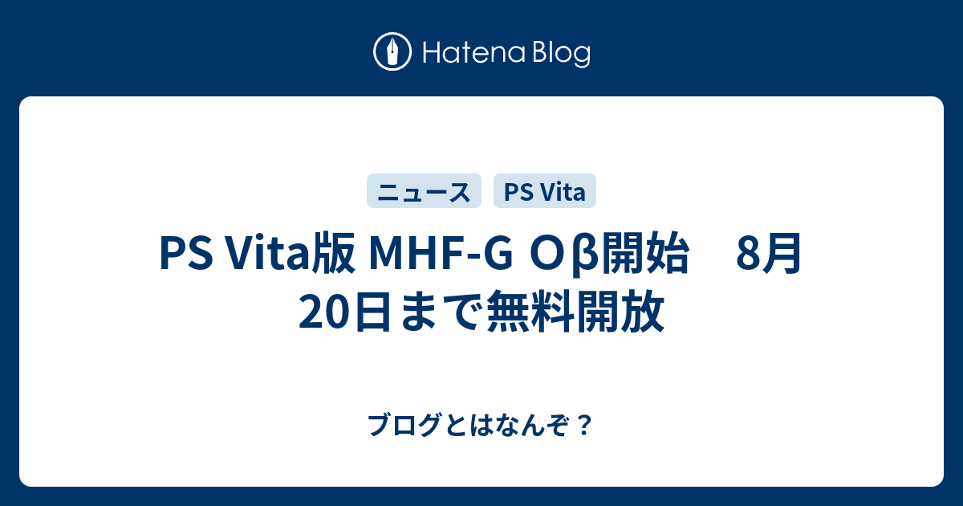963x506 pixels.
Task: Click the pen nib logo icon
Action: [x=393, y=52]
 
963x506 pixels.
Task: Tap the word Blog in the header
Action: [x=559, y=54]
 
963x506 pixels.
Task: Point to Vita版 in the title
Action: [x=286, y=256]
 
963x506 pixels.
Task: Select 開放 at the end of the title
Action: [x=620, y=312]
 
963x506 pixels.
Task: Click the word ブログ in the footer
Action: [x=395, y=424]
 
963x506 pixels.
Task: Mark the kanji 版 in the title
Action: [x=337, y=256]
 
